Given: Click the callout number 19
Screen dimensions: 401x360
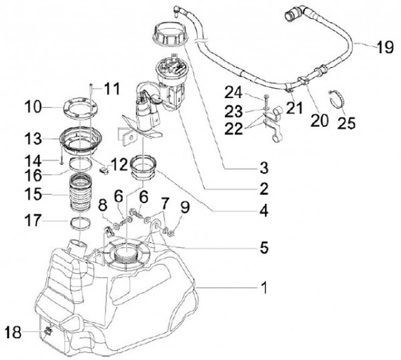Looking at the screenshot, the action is click(x=385, y=47).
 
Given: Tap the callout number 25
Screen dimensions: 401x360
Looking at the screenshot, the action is click(x=346, y=122).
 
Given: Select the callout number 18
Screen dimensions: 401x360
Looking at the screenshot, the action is click(x=13, y=332).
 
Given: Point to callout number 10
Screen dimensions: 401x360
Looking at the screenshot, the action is click(x=33, y=107).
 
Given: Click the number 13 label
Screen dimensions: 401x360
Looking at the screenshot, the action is click(x=33, y=139).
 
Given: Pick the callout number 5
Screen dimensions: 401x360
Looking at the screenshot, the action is click(x=264, y=247).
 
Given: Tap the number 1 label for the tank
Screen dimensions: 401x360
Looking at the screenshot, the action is click(x=265, y=288).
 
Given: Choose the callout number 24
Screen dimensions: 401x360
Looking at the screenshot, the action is click(x=233, y=92).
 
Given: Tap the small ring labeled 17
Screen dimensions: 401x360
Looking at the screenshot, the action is click(x=80, y=223).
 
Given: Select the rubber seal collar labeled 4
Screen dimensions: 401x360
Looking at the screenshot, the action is click(x=143, y=167).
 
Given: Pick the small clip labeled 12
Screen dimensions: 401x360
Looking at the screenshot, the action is click(x=104, y=170).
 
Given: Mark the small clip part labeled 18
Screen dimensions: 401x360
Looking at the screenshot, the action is click(x=48, y=331).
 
